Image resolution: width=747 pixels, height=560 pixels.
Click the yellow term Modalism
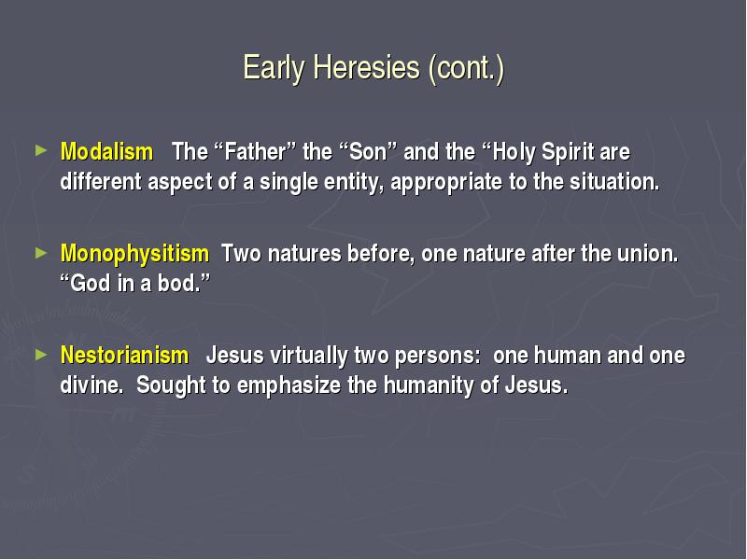click(x=106, y=152)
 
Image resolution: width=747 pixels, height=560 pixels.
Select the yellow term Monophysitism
click(x=134, y=254)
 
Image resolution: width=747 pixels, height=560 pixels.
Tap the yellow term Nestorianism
click(x=124, y=356)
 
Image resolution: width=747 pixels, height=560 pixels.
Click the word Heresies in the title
click(x=366, y=67)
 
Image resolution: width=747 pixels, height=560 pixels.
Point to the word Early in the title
click(x=274, y=68)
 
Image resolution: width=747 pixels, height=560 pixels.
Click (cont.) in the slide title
click(x=466, y=68)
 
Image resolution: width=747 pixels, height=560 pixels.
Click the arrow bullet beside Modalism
click(x=41, y=151)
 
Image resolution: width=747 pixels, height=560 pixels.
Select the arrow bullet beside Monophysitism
click(x=41, y=253)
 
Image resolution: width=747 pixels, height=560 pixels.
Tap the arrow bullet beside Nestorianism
click(x=41, y=355)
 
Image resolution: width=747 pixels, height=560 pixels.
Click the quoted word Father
click(x=255, y=152)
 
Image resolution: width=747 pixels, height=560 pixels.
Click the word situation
click(x=614, y=182)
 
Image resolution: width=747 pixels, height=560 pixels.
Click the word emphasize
click(x=289, y=385)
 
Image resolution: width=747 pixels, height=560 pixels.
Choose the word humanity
click(x=429, y=385)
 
